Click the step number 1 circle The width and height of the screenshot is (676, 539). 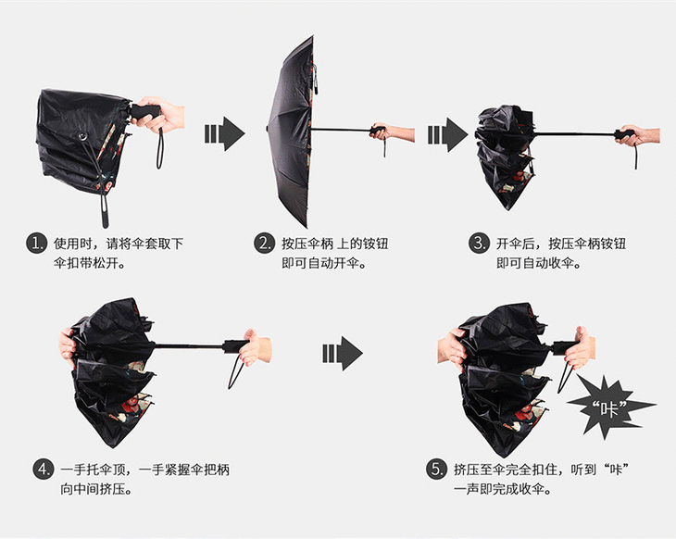click(37, 244)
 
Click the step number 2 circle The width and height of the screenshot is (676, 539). click(264, 244)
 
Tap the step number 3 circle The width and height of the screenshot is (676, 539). click(479, 244)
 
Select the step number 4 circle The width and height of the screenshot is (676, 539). click(44, 470)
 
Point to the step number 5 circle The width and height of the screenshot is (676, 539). click(436, 470)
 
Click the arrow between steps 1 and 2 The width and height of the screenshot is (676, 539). click(225, 133)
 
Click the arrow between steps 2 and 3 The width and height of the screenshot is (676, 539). click(448, 134)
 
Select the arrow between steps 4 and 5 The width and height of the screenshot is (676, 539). click(343, 354)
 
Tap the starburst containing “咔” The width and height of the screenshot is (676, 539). click(610, 407)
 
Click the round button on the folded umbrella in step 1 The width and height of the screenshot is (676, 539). click(81, 136)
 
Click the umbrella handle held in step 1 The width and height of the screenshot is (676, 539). click(145, 112)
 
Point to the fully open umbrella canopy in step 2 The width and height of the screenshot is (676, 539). click(290, 131)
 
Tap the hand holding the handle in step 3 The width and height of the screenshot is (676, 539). click(639, 135)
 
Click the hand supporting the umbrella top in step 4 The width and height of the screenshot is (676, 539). click(68, 348)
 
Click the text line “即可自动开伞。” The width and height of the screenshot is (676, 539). click(324, 263)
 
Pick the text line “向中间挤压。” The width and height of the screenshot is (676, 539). click(96, 489)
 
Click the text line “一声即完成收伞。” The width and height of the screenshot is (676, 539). click(503, 489)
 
